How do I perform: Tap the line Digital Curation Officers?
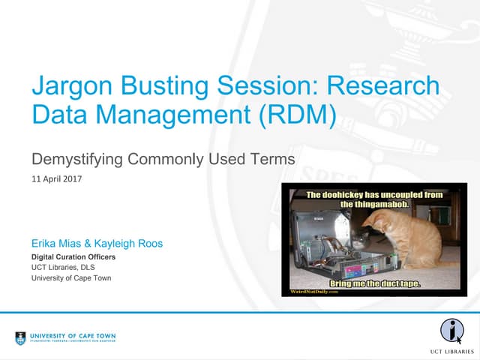(x=73, y=257)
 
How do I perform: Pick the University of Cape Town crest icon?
(x=21, y=337)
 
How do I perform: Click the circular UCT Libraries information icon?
(x=451, y=331)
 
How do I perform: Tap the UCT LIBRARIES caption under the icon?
(x=451, y=350)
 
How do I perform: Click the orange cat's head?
(x=382, y=224)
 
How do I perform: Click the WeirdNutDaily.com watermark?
(x=313, y=292)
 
